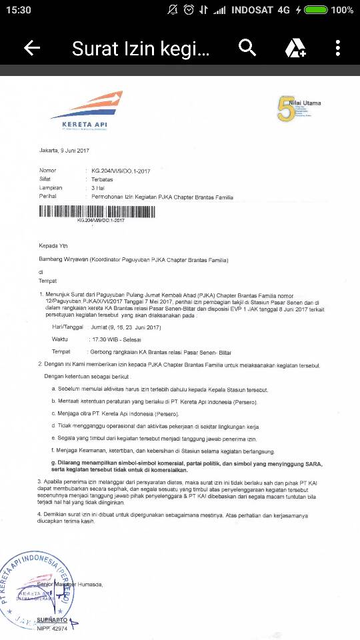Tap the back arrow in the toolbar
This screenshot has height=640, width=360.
pos(32,48)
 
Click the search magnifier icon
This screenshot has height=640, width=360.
pos(247,48)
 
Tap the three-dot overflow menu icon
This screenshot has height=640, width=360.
pos(338,48)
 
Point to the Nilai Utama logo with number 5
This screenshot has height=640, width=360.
pos(299,109)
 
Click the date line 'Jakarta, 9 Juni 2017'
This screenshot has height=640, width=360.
pos(64,151)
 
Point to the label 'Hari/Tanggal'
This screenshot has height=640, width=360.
pos(67,327)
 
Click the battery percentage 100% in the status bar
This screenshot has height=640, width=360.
pos(341,10)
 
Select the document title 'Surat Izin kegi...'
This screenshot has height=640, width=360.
pos(141,48)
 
